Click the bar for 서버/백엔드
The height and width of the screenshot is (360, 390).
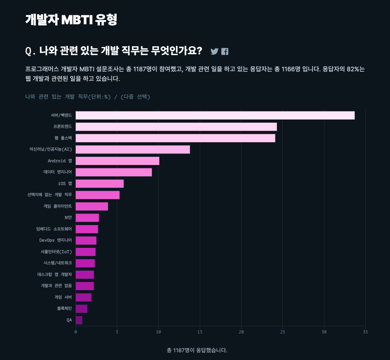[215, 115]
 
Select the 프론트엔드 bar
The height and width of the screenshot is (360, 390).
[176, 126]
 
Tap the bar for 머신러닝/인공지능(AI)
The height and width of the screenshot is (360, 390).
[133, 150]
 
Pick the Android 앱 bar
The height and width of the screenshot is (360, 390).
[117, 161]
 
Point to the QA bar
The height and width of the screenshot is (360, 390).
[79, 320]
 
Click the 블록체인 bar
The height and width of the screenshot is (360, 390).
[81, 309]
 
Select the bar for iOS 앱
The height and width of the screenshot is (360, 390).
[100, 183]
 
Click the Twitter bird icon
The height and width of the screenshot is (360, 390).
[214, 51]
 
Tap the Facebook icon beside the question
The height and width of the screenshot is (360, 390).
[225, 51]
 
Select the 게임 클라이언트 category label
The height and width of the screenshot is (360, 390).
[57, 206]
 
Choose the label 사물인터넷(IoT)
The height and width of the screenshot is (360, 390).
[56, 252]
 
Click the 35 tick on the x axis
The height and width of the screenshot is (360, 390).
[365, 332]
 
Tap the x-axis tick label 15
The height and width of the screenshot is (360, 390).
[200, 332]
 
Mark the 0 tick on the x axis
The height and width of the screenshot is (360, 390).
[76, 332]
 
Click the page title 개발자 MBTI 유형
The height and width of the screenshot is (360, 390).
[71, 20]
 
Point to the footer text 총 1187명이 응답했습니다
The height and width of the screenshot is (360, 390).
[197, 350]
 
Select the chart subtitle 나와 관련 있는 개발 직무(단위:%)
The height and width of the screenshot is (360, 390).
[68, 97]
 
